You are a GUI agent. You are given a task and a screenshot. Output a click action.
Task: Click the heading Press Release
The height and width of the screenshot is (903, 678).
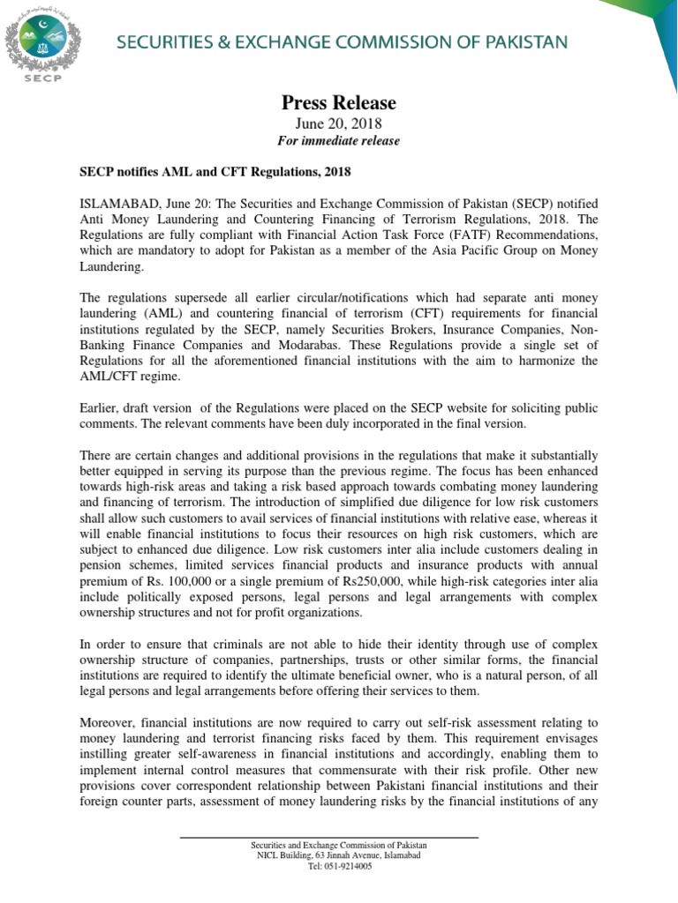[x=338, y=103]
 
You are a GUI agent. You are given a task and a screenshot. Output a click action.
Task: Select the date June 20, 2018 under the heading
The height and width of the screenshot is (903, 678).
[x=338, y=123]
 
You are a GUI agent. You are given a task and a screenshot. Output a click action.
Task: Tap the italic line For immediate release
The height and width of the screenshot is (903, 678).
[x=339, y=141]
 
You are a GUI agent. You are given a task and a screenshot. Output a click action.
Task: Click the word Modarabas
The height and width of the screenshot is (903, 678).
[x=327, y=345]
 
